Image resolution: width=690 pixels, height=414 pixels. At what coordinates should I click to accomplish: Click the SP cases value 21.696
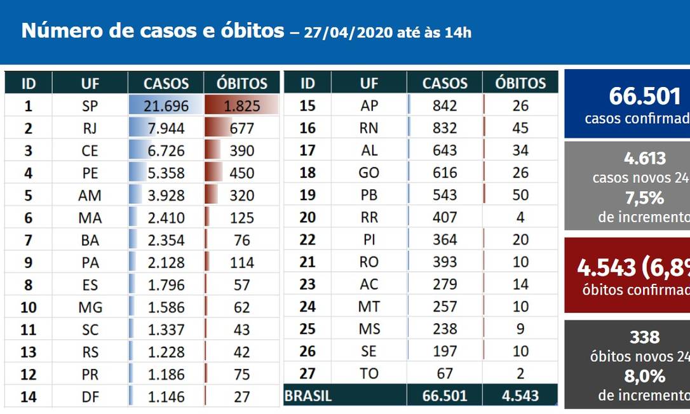tap(166, 106)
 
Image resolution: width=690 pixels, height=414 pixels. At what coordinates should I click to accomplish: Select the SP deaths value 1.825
tap(241, 106)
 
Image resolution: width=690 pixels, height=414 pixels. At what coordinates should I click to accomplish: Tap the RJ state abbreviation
tap(90, 129)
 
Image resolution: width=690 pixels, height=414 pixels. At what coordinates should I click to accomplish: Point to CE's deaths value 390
tap(241, 151)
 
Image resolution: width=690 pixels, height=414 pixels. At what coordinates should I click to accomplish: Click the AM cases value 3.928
tap(166, 196)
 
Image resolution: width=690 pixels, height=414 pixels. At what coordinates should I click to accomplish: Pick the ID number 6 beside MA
tap(28, 218)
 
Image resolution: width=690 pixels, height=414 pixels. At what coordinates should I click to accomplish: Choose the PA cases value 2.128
tap(166, 262)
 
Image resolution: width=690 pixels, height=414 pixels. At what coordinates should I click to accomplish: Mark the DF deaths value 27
tap(241, 397)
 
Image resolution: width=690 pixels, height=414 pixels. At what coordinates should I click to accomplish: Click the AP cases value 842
tap(445, 106)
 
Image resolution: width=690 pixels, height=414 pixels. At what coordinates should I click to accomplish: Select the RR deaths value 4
tap(520, 218)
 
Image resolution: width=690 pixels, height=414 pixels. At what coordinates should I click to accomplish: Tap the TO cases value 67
tap(445, 374)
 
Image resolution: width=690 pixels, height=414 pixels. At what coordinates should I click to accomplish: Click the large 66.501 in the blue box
tap(645, 97)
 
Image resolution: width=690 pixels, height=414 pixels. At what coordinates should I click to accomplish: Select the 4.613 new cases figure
tap(645, 159)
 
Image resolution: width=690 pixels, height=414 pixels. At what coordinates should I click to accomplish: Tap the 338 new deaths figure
tap(645, 337)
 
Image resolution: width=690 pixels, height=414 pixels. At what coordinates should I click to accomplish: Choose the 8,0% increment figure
tap(645, 376)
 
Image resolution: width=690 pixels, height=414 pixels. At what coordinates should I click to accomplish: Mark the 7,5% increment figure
tap(645, 198)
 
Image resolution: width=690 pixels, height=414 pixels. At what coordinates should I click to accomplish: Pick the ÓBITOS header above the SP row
tap(241, 83)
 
